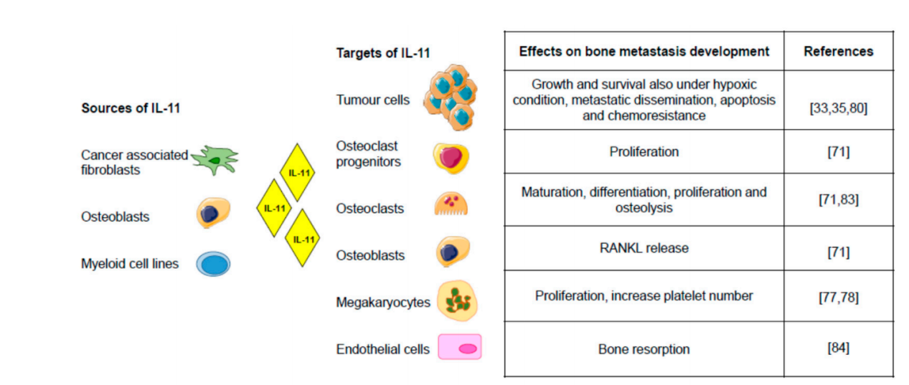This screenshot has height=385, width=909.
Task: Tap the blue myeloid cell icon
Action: [x=213, y=264]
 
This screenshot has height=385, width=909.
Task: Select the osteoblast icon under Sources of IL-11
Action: [x=213, y=214]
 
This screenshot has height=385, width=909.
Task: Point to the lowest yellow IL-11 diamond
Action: [x=303, y=239]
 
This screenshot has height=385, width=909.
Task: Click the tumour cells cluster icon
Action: [x=451, y=98]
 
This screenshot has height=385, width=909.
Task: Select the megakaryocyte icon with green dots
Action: [x=457, y=301]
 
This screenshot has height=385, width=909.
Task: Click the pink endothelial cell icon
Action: [x=460, y=348]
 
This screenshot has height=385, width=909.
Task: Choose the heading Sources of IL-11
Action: [x=131, y=108]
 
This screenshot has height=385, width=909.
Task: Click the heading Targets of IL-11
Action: [x=383, y=53]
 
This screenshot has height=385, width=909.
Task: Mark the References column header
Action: [x=838, y=51]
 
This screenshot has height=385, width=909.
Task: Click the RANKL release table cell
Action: [x=644, y=248]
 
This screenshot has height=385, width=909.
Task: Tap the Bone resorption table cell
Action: [x=644, y=349]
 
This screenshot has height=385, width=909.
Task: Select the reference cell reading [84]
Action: [x=838, y=348]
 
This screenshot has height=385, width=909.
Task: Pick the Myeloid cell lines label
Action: [x=130, y=264]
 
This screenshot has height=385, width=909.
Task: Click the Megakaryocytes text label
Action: [x=383, y=303]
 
